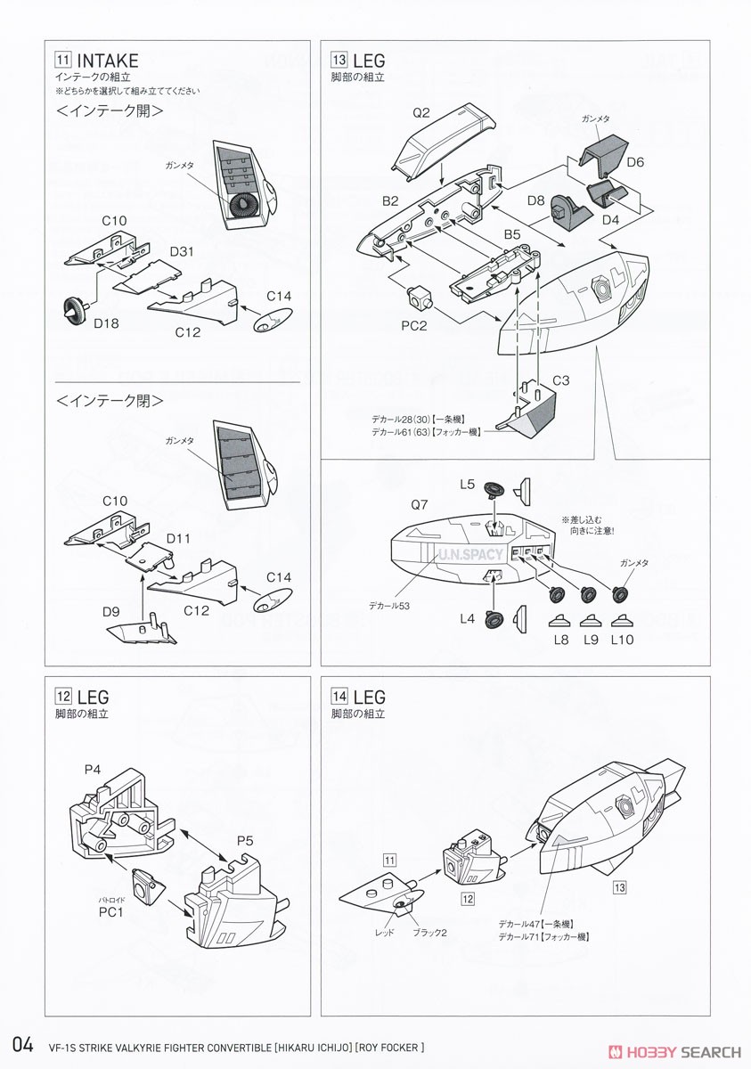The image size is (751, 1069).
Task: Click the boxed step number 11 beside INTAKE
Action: coord(62,61)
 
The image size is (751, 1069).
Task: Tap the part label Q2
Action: coord(421,112)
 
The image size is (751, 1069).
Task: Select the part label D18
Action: coord(107,322)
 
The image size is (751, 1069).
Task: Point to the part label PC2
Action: coord(413,325)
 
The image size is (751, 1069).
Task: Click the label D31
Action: coord(181,252)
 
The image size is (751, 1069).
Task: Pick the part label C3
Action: coord(561,380)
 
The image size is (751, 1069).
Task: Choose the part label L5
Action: coord(469,485)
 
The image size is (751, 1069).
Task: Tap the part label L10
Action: coord(622,639)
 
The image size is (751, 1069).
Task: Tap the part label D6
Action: coord(634,162)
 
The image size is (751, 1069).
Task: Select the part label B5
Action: coord(512,234)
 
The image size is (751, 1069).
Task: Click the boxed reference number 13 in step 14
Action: coord(619,887)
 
